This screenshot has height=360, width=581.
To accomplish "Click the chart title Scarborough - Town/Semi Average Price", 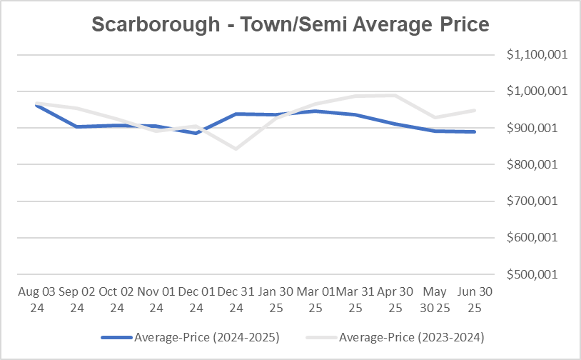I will (290, 24).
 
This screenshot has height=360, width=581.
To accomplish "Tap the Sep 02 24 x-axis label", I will (77, 300).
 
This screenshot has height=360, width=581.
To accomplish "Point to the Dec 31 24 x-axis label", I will (236, 300).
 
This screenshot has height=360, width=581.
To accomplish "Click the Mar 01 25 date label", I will (315, 300).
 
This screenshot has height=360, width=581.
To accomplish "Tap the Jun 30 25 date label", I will (474, 300).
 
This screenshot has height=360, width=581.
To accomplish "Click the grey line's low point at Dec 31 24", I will (236, 149).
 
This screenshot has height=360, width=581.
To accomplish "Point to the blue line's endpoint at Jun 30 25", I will (474, 131).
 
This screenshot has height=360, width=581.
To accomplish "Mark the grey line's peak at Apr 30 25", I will (394, 95).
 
